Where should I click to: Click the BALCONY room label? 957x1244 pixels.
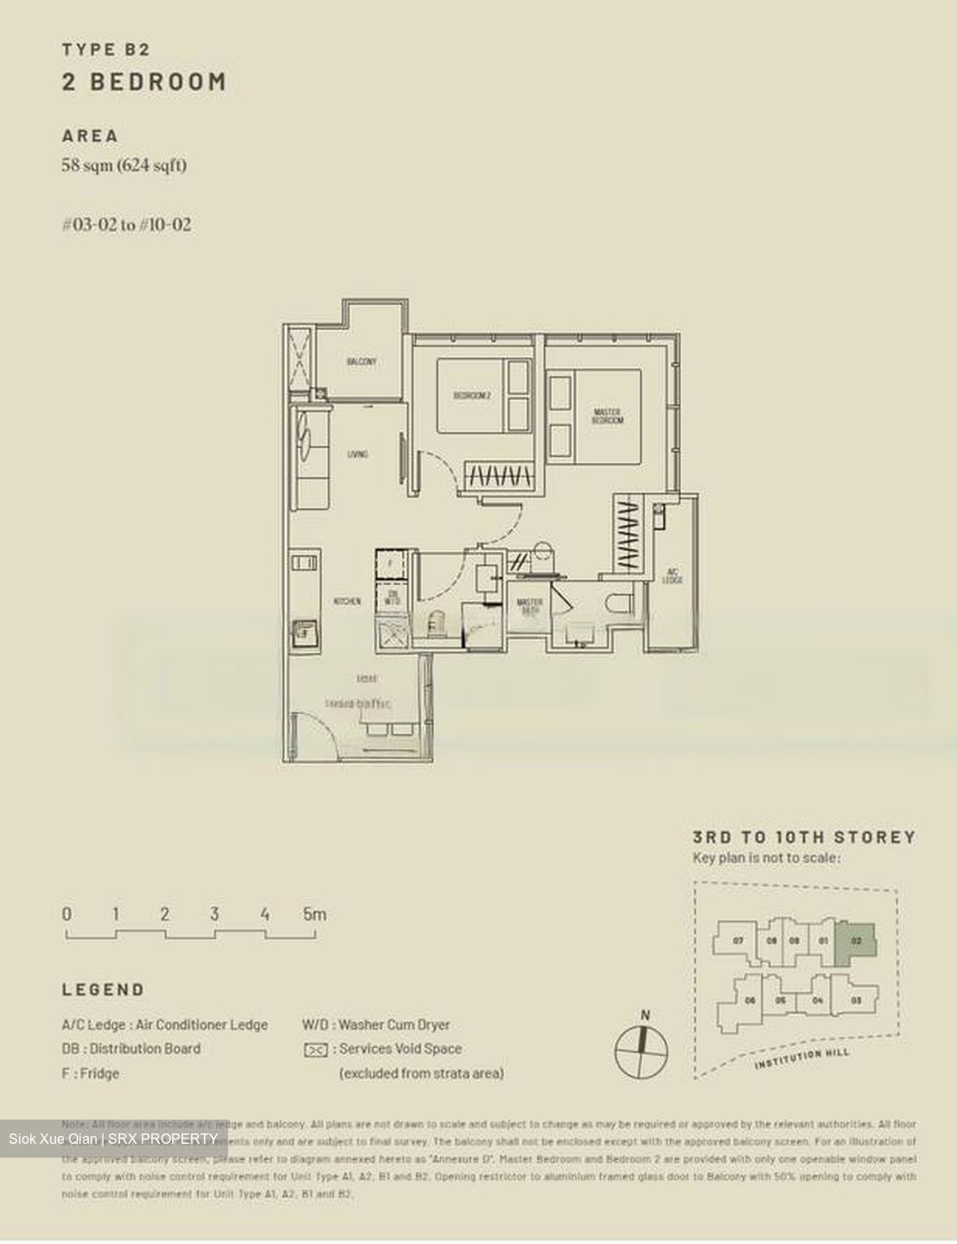362,362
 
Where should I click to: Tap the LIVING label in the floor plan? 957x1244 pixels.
358,454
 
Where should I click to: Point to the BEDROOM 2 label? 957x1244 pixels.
472,396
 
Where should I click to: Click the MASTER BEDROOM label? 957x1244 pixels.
607,416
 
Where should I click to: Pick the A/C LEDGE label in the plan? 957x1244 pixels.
673,575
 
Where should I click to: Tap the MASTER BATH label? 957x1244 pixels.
529,606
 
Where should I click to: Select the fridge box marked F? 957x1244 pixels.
390,564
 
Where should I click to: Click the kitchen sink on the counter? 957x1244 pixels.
303,632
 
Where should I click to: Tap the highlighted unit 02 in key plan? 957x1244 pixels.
856,940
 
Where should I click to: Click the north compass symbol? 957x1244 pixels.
641,1050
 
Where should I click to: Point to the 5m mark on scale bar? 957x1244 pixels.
314,914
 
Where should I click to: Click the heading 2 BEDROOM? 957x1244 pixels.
144,82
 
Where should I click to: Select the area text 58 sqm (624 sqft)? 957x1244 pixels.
124,165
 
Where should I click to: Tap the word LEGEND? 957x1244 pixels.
103,990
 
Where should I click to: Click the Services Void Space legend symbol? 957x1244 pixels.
316,1050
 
